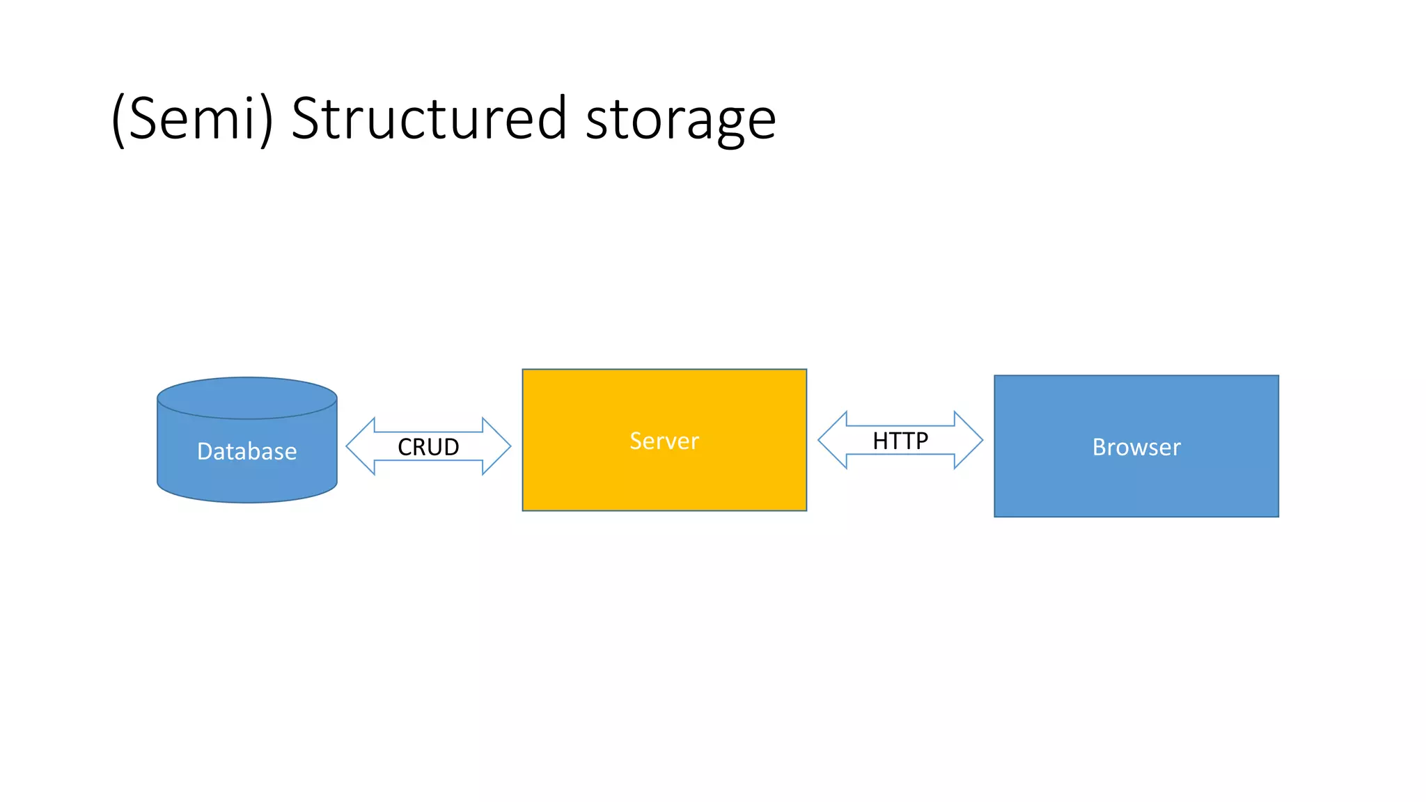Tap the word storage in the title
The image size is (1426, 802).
click(x=680, y=120)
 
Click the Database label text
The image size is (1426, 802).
click(x=247, y=451)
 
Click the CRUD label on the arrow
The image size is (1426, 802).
click(x=428, y=447)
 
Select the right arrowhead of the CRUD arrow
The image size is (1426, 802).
click(x=496, y=446)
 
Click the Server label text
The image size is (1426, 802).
click(x=664, y=441)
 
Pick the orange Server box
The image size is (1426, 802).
click(x=664, y=480)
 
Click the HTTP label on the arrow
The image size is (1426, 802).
click(x=900, y=441)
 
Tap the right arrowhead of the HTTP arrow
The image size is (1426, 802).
click(x=969, y=440)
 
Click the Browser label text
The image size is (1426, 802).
click(x=1136, y=447)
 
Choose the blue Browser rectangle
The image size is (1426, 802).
click(x=1136, y=487)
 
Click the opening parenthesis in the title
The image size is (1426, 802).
click(x=118, y=120)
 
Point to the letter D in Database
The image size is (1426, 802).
click(x=205, y=451)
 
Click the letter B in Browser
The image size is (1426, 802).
click(x=1100, y=447)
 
